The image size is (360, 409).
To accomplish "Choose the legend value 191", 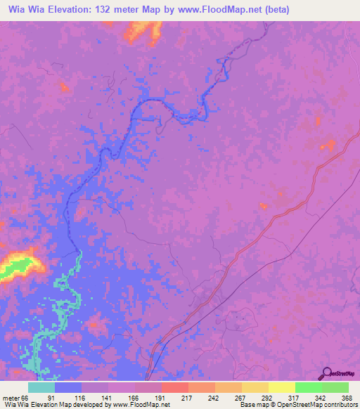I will pos(162,398).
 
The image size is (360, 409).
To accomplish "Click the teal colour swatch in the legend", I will pos(41,387).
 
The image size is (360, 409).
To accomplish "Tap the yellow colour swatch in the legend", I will pos(281,387).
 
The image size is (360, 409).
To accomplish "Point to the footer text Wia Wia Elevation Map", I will pos(39,405).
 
